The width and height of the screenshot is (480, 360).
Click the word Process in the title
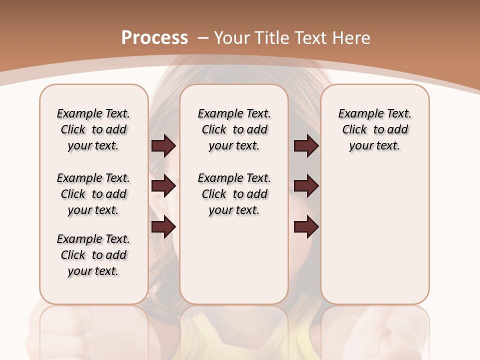[154, 38]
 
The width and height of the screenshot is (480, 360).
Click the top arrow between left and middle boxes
[163, 145]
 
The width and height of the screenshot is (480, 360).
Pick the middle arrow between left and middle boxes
[163, 186]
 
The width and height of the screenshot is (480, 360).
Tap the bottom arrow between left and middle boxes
[163, 227]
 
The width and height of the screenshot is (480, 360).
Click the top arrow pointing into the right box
[306, 145]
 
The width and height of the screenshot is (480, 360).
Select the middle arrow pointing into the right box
[306, 186]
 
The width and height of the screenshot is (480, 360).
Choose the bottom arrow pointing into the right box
[306, 227]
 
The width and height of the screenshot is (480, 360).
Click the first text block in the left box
[93, 129]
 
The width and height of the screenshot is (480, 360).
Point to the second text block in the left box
[93, 194]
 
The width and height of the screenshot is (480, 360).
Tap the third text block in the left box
[93, 255]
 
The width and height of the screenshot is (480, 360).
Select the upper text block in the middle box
[234, 129]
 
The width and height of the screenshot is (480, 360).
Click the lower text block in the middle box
[234, 194]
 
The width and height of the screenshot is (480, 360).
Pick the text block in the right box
[374, 129]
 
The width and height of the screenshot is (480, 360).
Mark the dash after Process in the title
[203, 38]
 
